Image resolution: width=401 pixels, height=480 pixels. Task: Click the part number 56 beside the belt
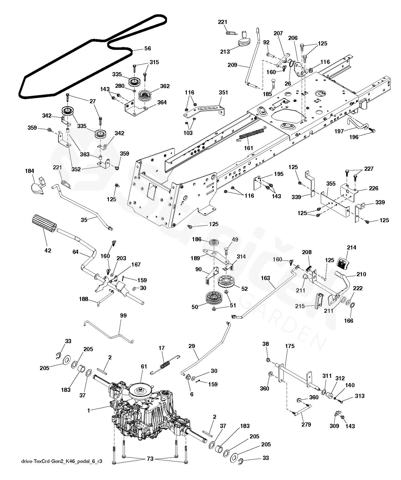(148, 48)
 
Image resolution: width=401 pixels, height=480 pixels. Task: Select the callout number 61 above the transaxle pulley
(144, 367)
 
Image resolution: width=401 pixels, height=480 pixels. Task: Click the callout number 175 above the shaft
(290, 346)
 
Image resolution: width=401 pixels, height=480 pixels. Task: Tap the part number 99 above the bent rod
(123, 316)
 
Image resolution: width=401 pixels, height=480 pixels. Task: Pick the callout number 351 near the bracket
(224, 93)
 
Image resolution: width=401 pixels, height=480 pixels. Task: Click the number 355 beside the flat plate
(331, 184)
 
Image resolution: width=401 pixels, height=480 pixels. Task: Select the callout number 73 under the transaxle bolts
(150, 459)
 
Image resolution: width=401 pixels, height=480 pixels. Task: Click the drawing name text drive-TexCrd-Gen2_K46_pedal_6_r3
(61, 461)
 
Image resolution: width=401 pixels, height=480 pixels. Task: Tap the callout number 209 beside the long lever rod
(233, 65)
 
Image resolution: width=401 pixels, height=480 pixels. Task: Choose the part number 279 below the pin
(306, 424)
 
